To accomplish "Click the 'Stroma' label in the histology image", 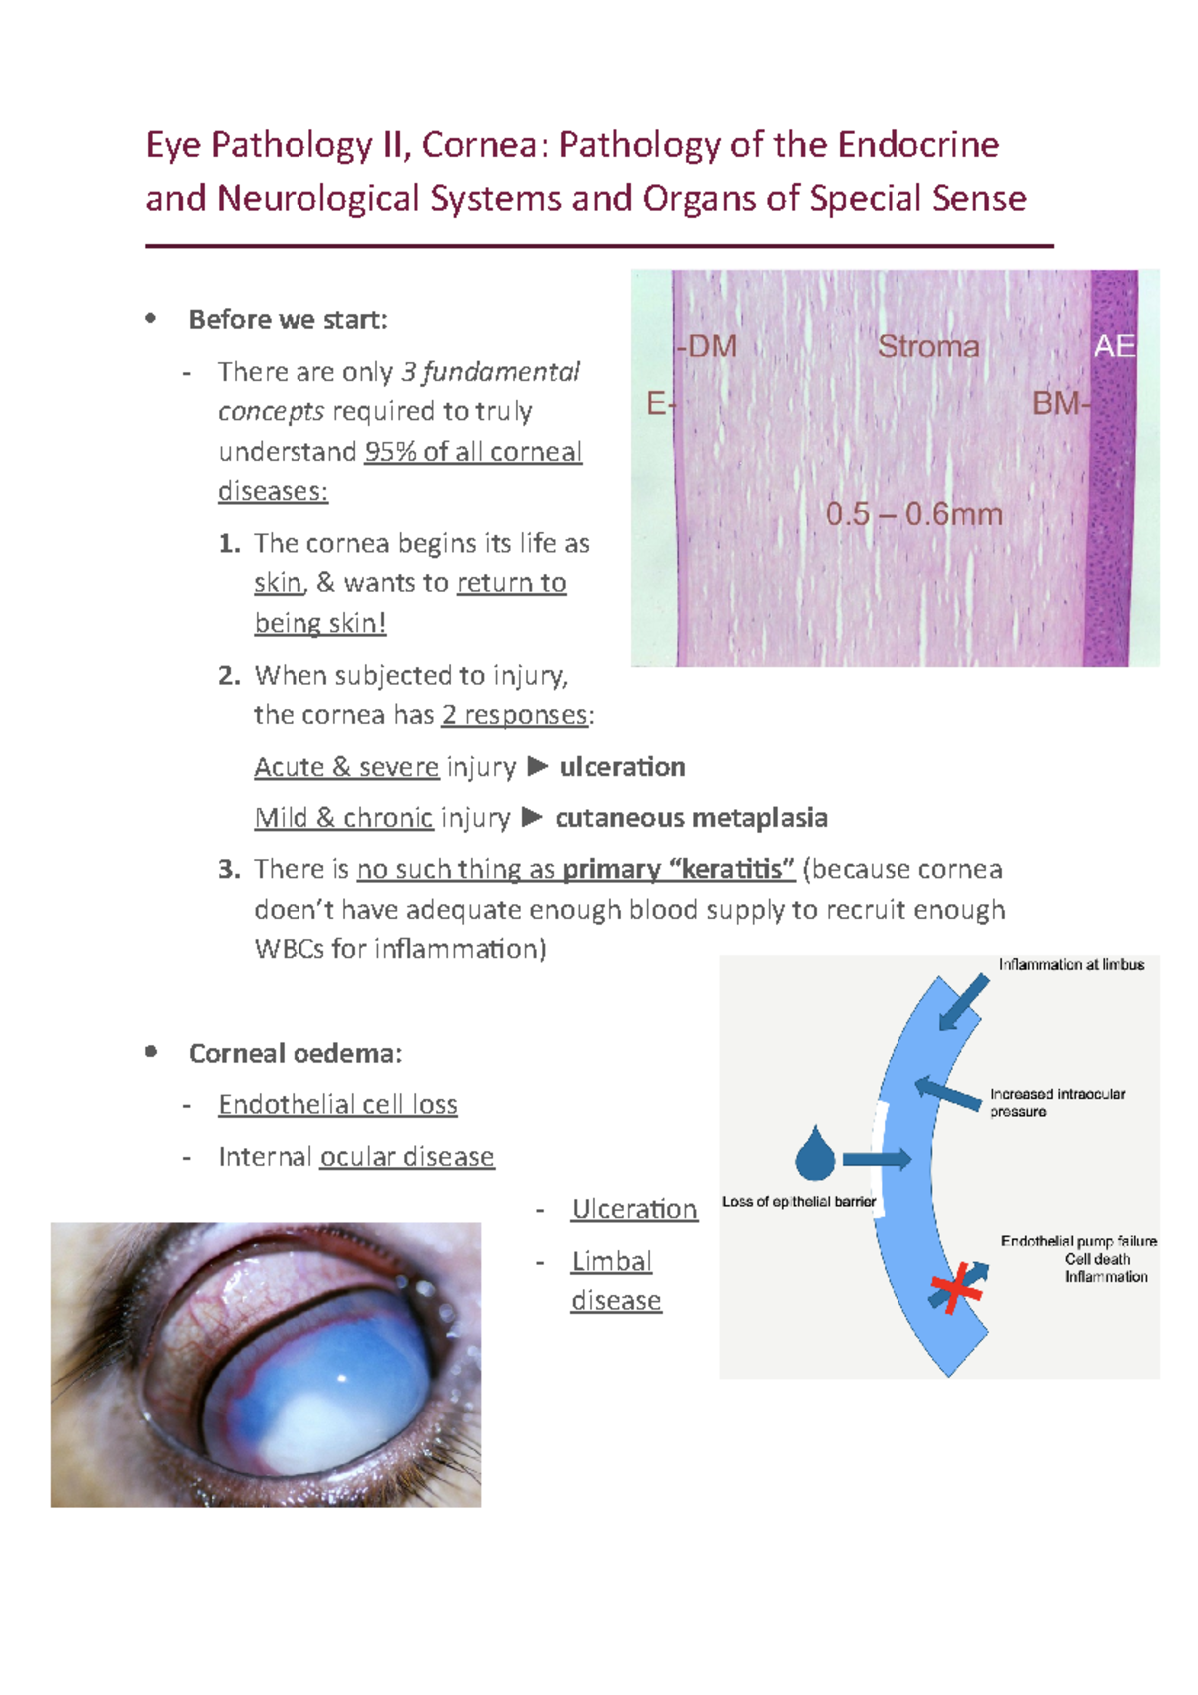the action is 927,346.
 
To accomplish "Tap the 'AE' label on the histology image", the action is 1114,346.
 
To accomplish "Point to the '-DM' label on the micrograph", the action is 707,346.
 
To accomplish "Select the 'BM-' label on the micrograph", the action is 1061,403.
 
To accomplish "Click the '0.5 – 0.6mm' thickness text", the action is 913,514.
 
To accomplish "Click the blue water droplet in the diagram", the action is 815,1156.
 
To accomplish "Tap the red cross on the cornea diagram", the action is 956,1287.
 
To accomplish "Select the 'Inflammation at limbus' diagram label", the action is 1071,964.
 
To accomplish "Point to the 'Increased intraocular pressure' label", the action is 1056,1102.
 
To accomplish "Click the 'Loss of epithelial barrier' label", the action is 798,1201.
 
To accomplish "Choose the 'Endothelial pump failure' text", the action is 1078,1241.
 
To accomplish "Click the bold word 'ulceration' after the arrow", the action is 622,766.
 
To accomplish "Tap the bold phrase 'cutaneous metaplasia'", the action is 691,817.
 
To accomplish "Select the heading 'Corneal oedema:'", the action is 296,1053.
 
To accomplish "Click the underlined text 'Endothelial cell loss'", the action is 337,1104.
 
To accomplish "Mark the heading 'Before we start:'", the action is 288,319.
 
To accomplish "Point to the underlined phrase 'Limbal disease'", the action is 614,1280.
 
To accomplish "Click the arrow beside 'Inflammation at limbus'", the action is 964,1001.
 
